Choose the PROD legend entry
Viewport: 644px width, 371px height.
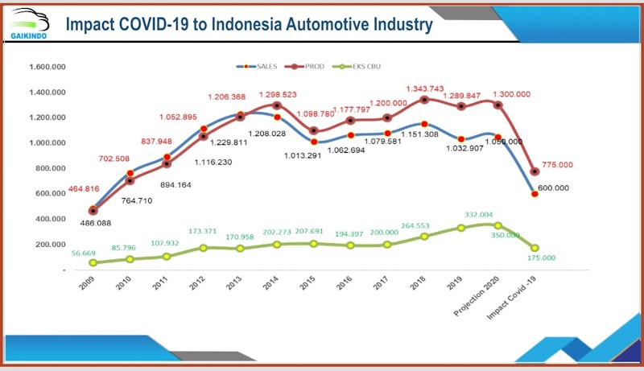(x=309, y=66)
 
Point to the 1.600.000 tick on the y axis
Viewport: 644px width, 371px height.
(x=45, y=67)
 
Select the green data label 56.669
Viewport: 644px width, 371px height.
(x=81, y=253)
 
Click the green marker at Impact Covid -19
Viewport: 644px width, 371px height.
(x=534, y=249)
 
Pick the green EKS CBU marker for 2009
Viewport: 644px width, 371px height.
(x=93, y=262)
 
